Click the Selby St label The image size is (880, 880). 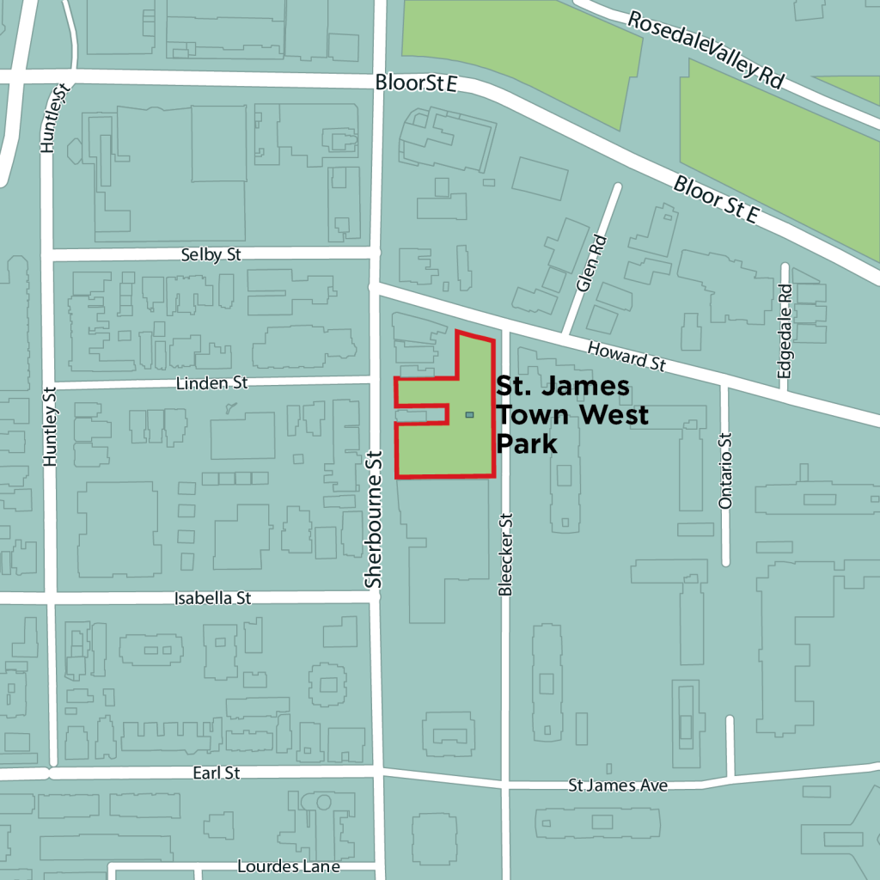pyautogui.click(x=211, y=255)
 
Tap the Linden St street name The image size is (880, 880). pyautogui.click(x=211, y=383)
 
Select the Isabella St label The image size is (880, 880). pyautogui.click(x=212, y=598)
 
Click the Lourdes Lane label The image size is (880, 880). pyautogui.click(x=288, y=866)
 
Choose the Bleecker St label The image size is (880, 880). pyautogui.click(x=506, y=554)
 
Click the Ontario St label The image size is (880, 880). pyautogui.click(x=725, y=471)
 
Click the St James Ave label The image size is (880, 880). pyautogui.click(x=618, y=785)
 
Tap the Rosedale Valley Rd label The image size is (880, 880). pyautogui.click(x=706, y=49)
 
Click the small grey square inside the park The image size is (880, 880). pyautogui.click(x=469, y=415)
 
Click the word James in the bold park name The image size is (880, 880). pyautogui.click(x=586, y=388)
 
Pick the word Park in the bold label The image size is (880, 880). pyautogui.click(x=526, y=443)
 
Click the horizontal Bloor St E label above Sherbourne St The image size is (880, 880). pyautogui.click(x=414, y=83)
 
